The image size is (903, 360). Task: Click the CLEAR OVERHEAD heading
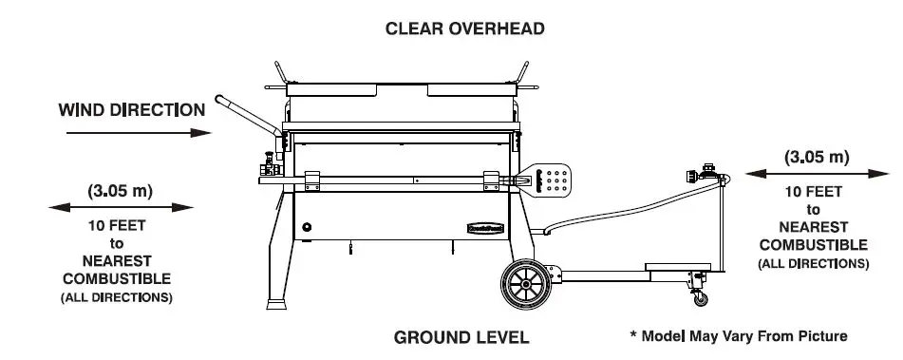tap(464, 28)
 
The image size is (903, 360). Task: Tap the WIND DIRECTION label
tap(132, 109)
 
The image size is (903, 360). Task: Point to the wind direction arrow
tap(139, 134)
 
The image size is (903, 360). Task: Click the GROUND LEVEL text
tap(461, 337)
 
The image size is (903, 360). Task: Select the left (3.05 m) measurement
tap(120, 190)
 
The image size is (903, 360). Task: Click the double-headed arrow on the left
tap(120, 207)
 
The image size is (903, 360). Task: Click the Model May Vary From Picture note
tap(738, 335)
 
